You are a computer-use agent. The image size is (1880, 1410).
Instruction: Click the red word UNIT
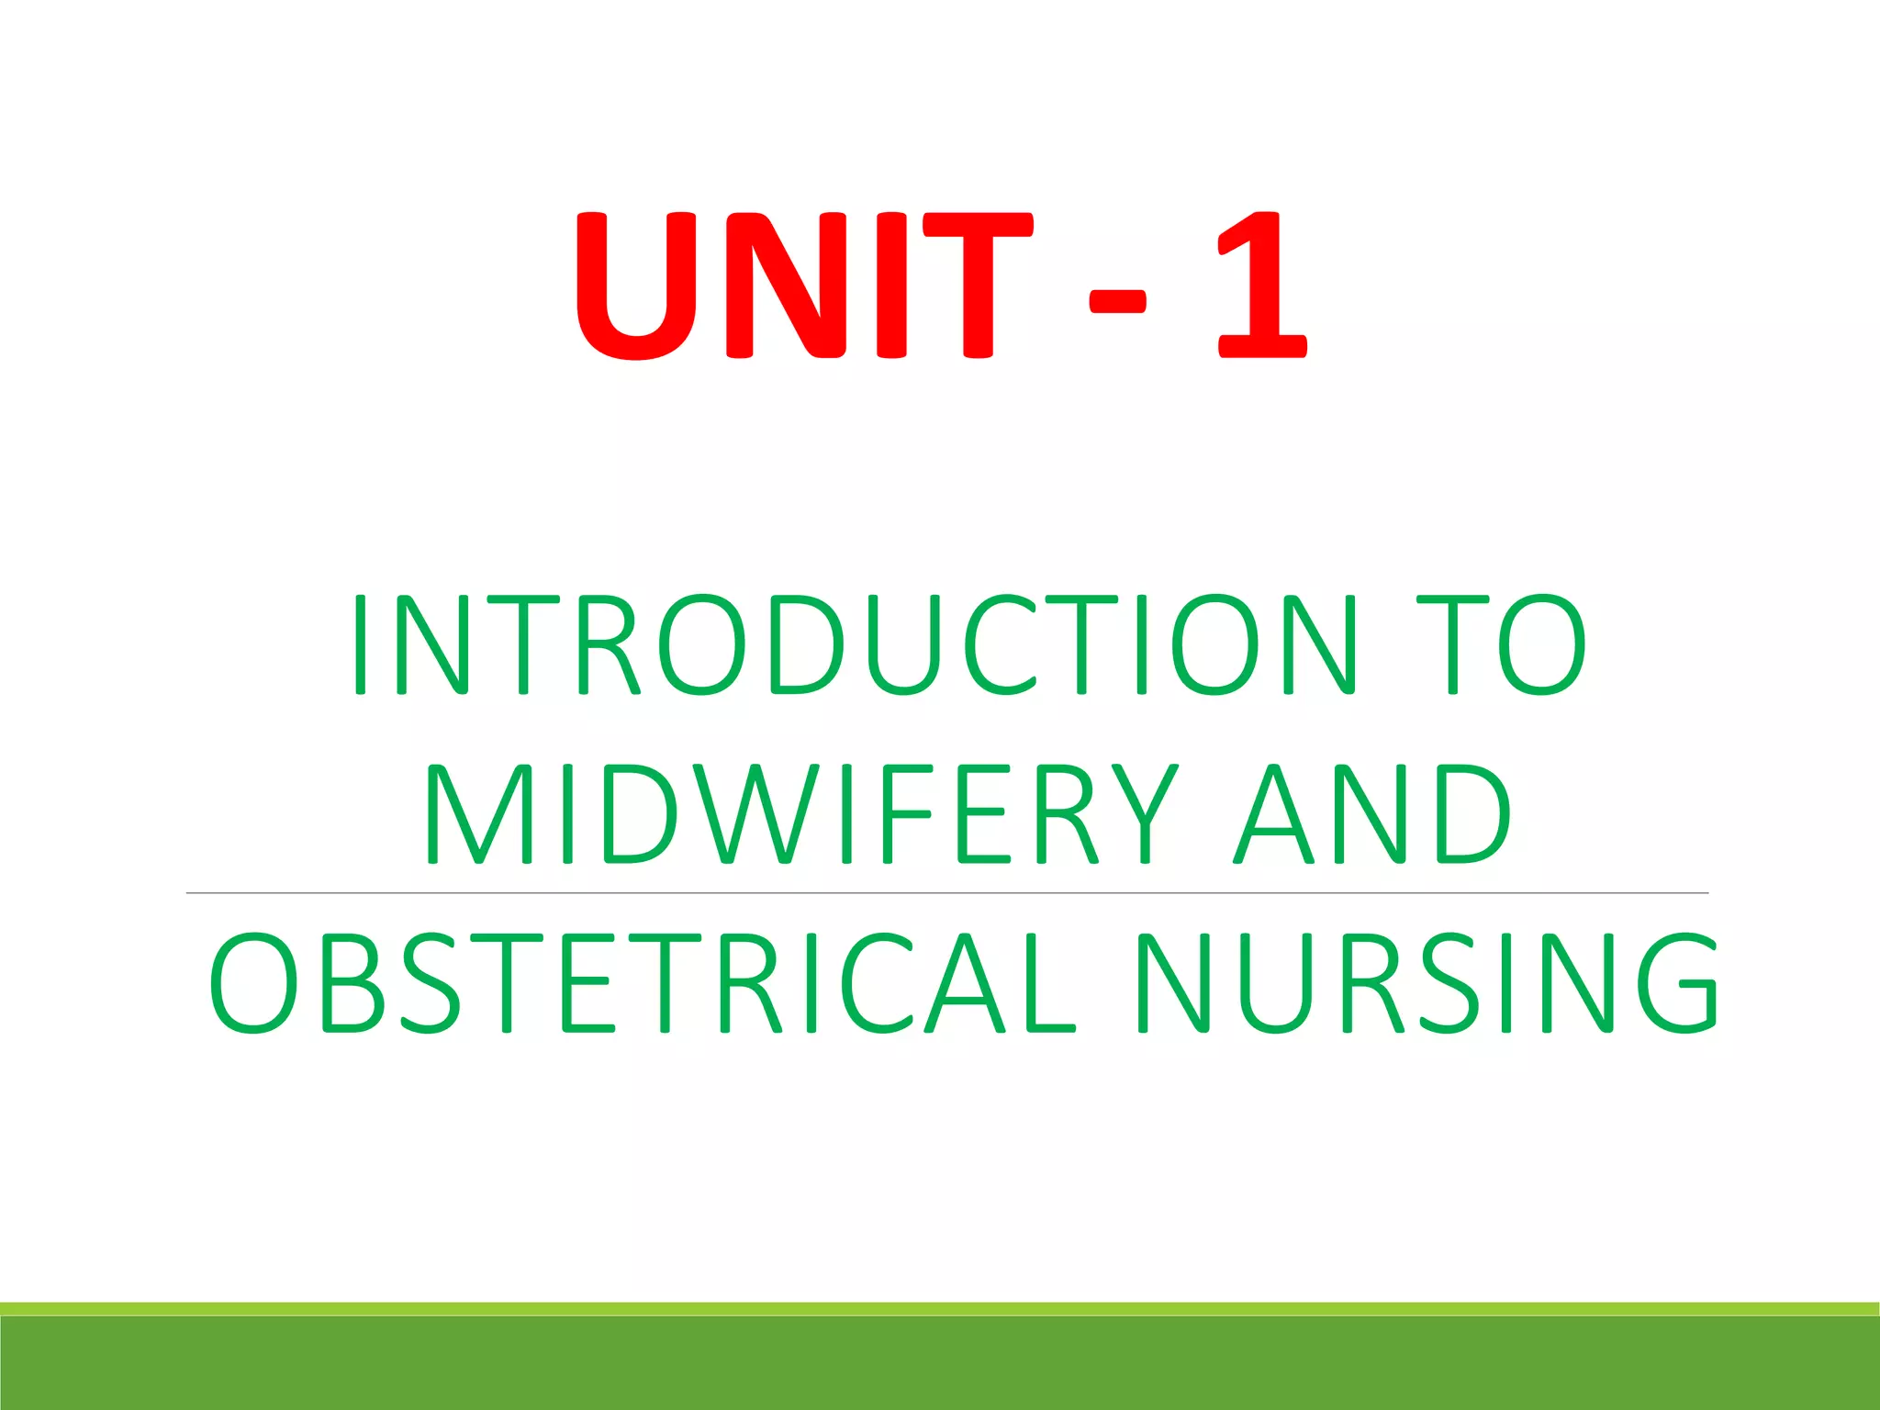coord(803,285)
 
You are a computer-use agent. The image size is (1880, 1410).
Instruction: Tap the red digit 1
coord(1262,285)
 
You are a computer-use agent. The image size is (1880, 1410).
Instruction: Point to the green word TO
coord(1502,643)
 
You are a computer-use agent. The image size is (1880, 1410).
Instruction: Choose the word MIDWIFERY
coord(800,814)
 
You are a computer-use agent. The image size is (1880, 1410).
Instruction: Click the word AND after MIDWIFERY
coord(1372,814)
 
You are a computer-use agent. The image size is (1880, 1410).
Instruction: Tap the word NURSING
coord(1426,983)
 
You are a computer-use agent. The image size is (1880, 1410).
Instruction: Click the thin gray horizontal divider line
coord(946,892)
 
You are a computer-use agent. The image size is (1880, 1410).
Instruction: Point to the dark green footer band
coord(940,1364)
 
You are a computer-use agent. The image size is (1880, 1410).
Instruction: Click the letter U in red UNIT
coord(635,285)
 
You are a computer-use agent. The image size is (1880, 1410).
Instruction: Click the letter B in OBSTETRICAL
coord(351,983)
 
